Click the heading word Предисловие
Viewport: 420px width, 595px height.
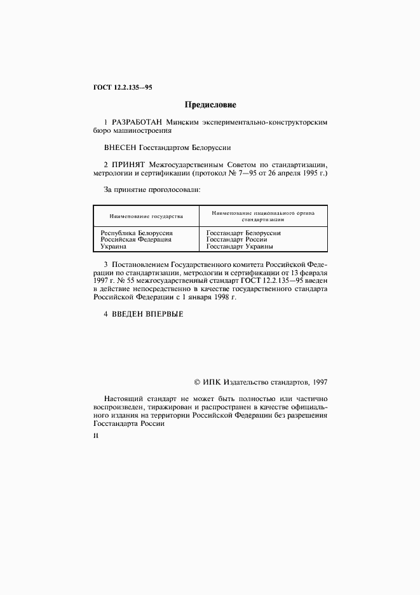(210, 104)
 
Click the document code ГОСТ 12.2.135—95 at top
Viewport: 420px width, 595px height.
(118, 88)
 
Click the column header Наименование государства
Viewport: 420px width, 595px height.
(146, 216)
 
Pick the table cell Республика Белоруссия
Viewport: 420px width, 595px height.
(137, 233)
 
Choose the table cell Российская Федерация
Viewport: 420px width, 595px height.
(136, 240)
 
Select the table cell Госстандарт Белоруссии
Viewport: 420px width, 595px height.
(243, 233)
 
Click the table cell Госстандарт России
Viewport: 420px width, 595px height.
(236, 240)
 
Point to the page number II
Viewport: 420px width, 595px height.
(96, 437)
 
